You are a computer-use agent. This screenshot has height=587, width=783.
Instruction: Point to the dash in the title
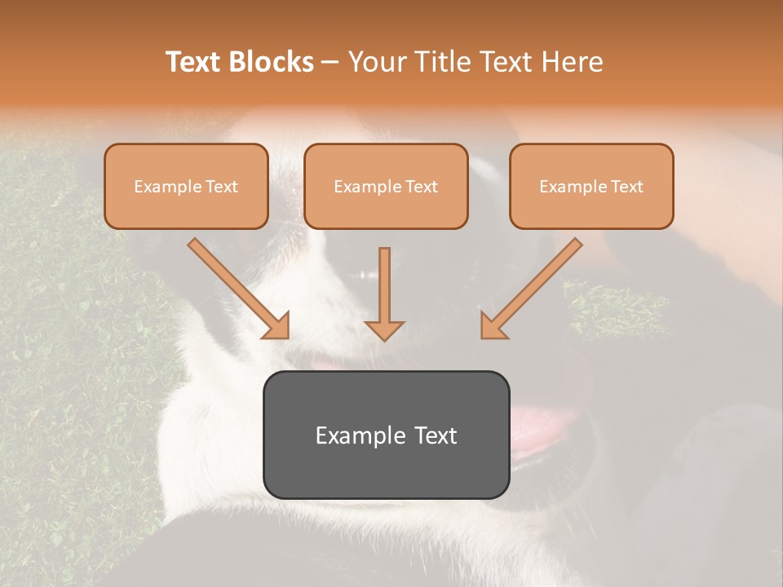tap(330, 63)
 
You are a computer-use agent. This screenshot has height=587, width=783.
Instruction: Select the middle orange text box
tap(386, 210)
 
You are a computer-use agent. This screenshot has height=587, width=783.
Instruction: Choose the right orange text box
tap(591, 210)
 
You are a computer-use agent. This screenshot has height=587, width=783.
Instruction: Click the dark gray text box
tap(386, 469)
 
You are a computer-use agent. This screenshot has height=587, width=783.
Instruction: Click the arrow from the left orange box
tap(237, 286)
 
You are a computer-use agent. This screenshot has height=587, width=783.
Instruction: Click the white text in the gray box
tap(386, 435)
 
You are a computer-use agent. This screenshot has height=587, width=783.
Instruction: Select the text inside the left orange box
tap(186, 187)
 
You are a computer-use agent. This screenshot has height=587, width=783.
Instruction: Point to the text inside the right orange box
tap(591, 187)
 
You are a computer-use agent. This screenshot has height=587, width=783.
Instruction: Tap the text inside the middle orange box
tap(386, 187)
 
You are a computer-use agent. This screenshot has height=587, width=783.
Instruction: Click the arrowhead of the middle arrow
tap(384, 329)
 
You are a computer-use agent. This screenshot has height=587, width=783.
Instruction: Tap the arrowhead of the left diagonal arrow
tap(276, 325)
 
